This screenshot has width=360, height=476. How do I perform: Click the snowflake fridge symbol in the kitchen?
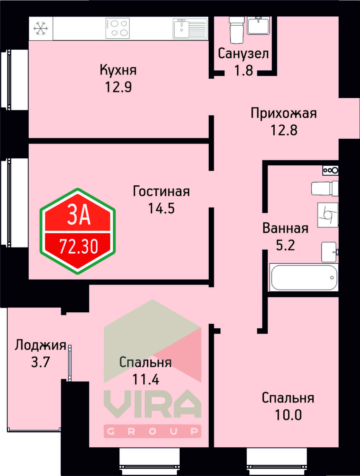(41, 29)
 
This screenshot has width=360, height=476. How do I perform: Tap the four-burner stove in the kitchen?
(117, 28)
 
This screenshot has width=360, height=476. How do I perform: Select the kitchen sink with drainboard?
(190, 29)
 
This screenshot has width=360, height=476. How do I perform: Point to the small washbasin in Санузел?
(258, 25)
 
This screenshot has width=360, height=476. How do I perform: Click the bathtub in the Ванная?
(304, 278)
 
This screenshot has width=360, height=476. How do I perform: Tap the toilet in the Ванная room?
(324, 189)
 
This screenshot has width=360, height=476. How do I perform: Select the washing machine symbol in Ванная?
(327, 215)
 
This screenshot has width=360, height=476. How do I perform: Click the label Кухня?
(118, 70)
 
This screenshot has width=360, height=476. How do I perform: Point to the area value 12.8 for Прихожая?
(284, 130)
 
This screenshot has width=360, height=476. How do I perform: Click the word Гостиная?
(161, 192)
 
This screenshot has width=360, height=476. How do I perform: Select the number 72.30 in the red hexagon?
(79, 246)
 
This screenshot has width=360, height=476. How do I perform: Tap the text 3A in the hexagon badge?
(79, 216)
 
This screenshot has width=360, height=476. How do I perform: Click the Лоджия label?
(40, 345)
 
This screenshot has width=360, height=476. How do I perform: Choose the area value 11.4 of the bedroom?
(146, 379)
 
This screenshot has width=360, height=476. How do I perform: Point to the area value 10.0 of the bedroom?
(288, 415)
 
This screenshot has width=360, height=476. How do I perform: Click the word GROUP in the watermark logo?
(152, 431)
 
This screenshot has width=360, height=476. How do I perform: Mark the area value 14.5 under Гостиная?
(161, 208)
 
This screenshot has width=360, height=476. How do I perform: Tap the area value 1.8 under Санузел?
(244, 70)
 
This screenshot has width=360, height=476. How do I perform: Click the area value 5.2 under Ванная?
(285, 245)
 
